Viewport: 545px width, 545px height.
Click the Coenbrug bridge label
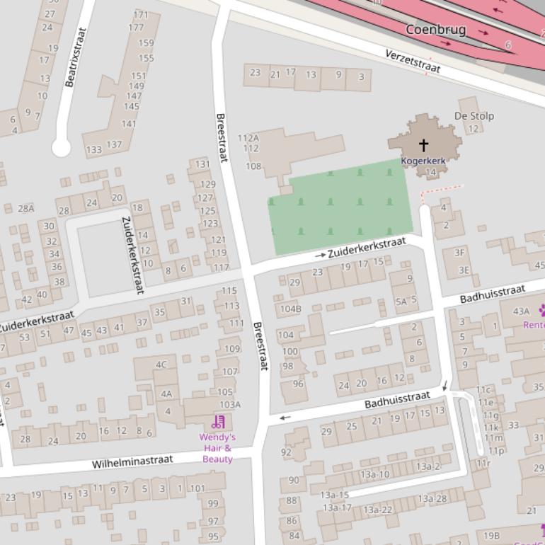coord(435,30)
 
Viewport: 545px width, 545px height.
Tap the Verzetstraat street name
coord(413,62)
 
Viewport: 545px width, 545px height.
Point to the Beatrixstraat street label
coord(75,57)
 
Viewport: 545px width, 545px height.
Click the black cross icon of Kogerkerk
coord(423,145)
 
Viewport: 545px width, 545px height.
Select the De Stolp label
coord(474,116)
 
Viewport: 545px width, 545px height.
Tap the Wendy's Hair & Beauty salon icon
coord(218,423)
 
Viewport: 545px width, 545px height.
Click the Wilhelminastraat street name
coord(132,462)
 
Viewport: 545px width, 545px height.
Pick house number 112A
coord(248,138)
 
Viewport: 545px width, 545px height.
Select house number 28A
coord(25,208)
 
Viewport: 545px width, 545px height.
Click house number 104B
coord(290,309)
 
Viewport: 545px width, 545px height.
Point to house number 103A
coord(229,405)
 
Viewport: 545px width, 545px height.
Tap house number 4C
coord(161,365)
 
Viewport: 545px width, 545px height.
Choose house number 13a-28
coord(432,499)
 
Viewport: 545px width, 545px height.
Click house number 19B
coord(491,536)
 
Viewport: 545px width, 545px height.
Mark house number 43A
coord(521,311)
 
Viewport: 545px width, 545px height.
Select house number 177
coord(136,28)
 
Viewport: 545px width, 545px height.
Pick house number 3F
coord(459,252)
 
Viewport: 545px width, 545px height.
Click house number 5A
coord(401,302)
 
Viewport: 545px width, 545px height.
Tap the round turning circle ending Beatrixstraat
coord(61,148)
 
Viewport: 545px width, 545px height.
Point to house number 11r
coord(483,464)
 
